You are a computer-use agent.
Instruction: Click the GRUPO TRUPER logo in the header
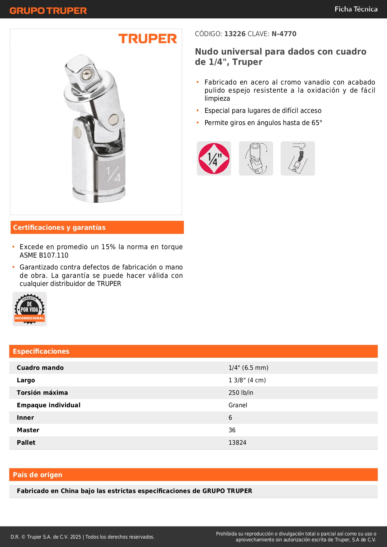pos(48,11)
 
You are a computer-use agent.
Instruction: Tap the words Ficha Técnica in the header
pos(356,9)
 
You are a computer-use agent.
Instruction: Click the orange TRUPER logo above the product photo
pos(148,39)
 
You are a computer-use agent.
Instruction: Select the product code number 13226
pos(235,34)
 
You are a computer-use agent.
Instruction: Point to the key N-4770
pos(284,34)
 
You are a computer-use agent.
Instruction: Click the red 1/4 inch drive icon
pos(214,158)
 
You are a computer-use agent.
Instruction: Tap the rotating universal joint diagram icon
pos(256,158)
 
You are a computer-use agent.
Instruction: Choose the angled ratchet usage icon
pos(298,158)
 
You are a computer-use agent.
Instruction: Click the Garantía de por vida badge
pos(30,309)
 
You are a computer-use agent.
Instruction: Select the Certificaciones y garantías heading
pos(59,228)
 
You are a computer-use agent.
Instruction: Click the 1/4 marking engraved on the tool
pos(113,174)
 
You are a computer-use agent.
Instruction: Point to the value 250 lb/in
pos(241,393)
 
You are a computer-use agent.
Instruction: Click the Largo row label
pos(26,380)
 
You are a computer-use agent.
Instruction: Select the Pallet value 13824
pos(237,443)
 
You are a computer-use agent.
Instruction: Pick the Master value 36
pos(232,430)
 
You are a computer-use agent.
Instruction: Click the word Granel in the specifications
pos(238,405)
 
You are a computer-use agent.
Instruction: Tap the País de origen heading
pos(37,475)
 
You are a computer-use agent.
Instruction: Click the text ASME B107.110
pos(44,255)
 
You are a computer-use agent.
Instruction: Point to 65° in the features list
pos(317,123)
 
